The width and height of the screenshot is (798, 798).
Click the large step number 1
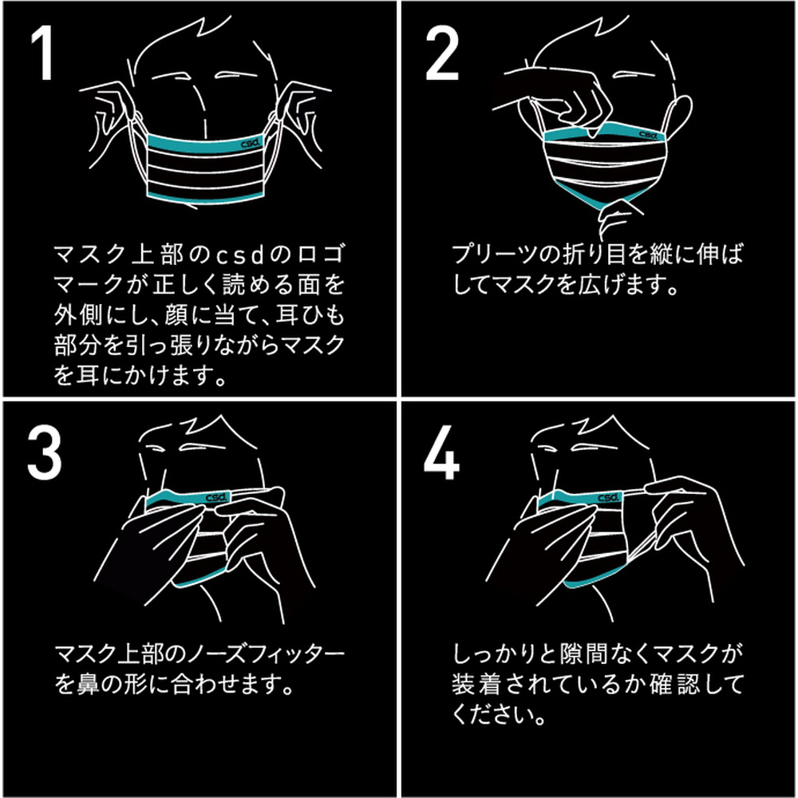click(43, 53)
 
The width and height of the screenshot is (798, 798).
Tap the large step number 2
click(442, 53)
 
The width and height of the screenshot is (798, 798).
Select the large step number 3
click(44, 452)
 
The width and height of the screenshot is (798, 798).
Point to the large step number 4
click(441, 452)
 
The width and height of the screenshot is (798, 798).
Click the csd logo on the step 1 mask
click(251, 144)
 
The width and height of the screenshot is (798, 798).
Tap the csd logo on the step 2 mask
click(649, 135)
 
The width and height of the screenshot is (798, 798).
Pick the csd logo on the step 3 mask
click(217, 496)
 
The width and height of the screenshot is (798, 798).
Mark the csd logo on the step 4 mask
click(609, 496)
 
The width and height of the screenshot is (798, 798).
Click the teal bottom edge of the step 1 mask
click(206, 199)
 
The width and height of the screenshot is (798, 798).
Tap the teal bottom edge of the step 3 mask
click(199, 579)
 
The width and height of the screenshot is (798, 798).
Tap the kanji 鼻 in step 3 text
click(88, 685)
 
